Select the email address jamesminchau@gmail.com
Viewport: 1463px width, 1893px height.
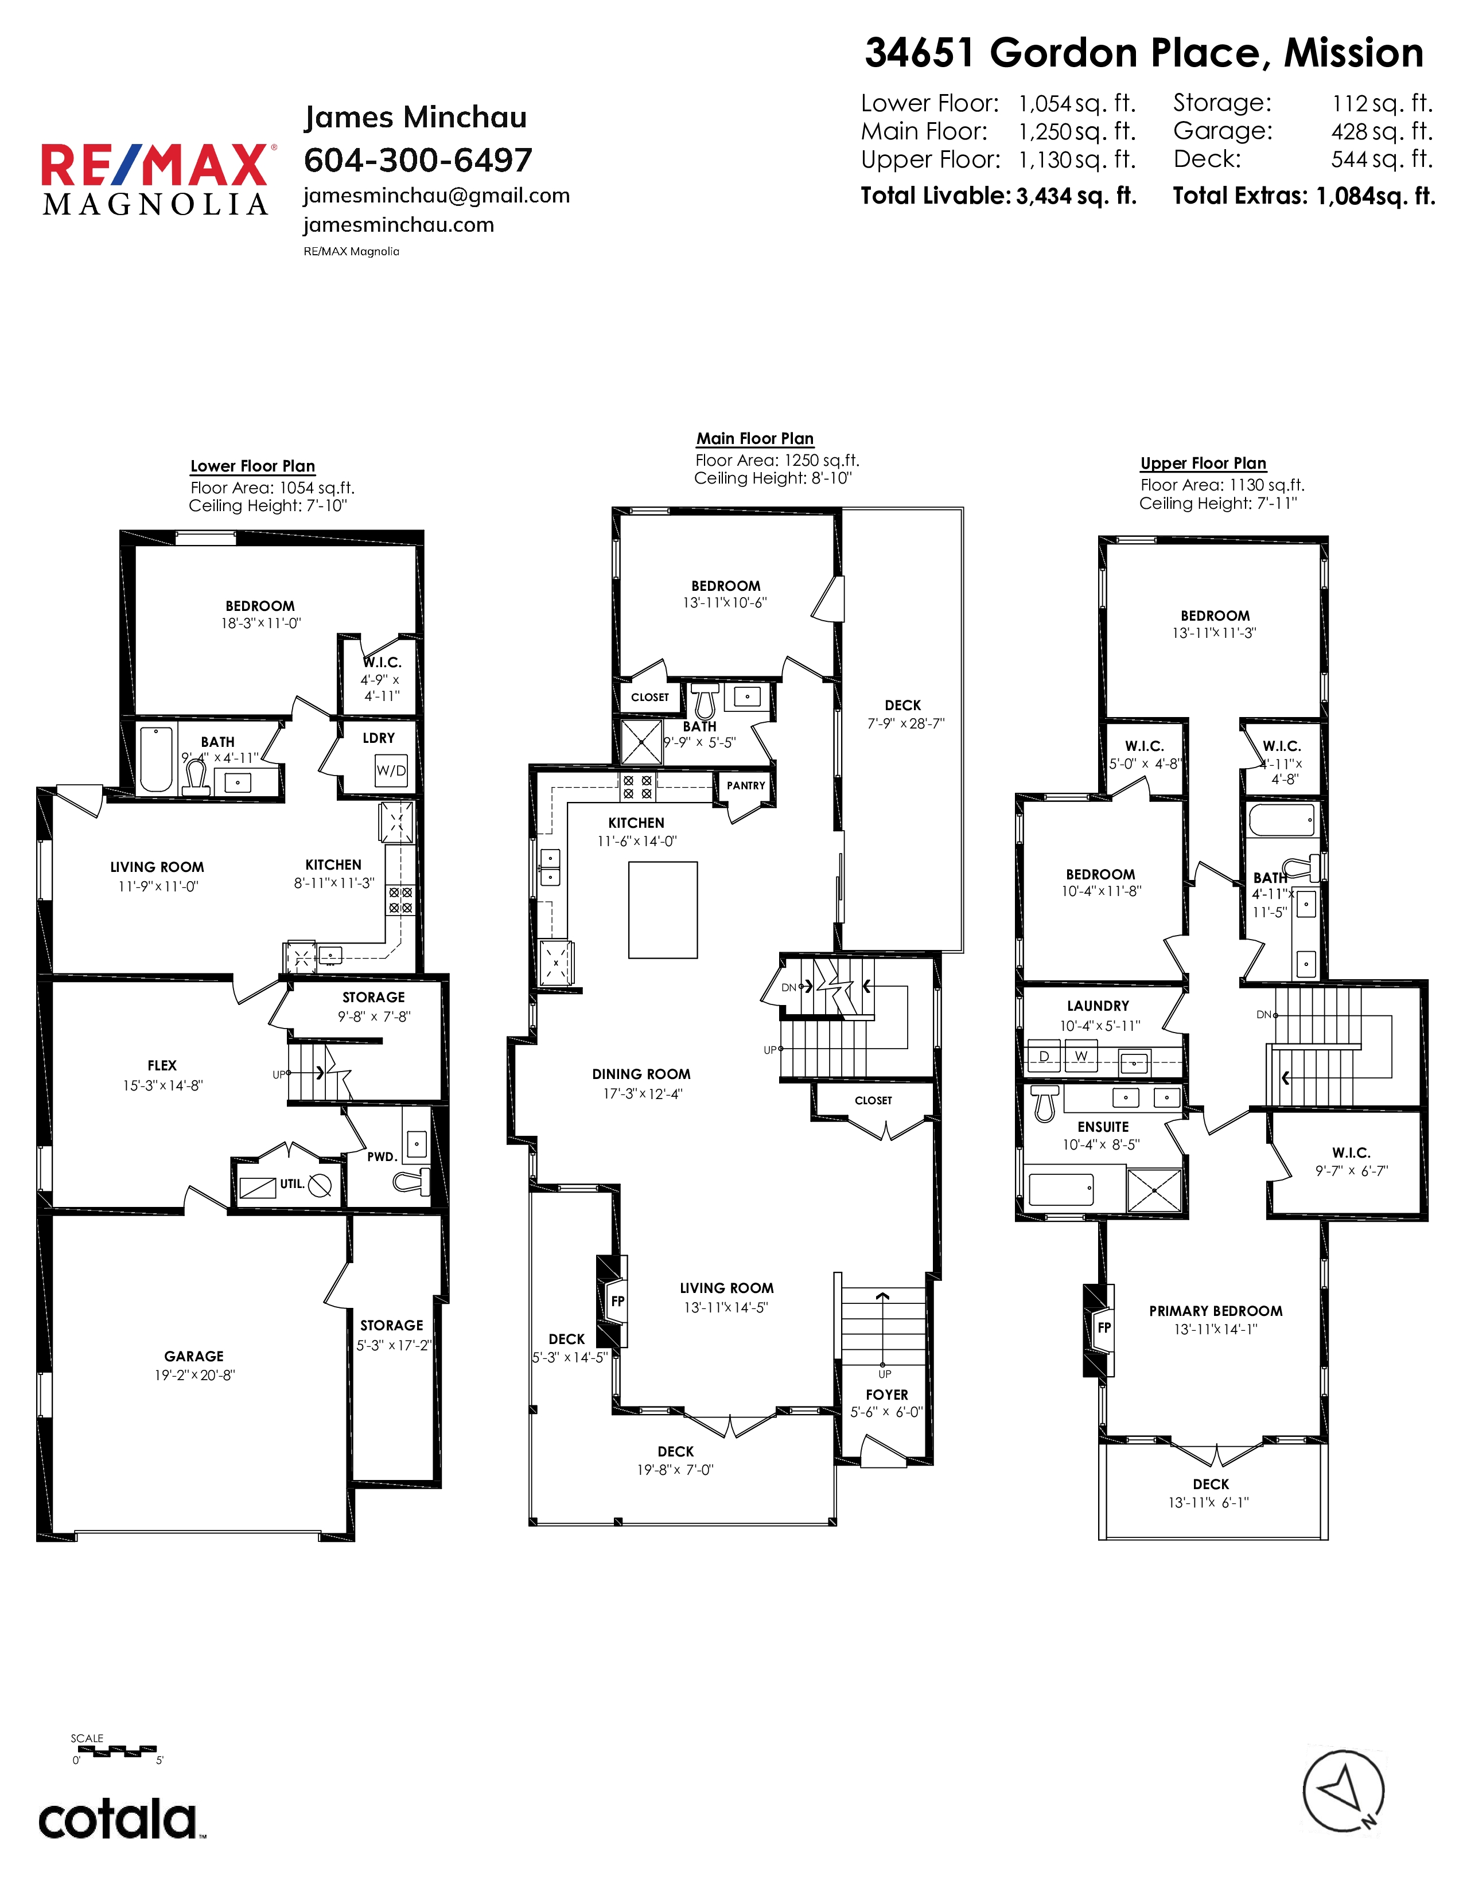437,196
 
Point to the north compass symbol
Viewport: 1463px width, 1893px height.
1344,1793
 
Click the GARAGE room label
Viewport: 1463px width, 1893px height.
194,1356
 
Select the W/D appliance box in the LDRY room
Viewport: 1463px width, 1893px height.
391,770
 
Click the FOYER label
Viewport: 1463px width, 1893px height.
886,1395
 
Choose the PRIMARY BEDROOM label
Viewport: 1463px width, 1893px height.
1215,1311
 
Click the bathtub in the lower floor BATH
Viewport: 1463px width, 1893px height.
157,759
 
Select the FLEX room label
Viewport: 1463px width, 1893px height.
162,1065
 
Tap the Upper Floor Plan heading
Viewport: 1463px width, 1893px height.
1203,463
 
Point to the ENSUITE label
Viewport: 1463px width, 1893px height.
1103,1127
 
